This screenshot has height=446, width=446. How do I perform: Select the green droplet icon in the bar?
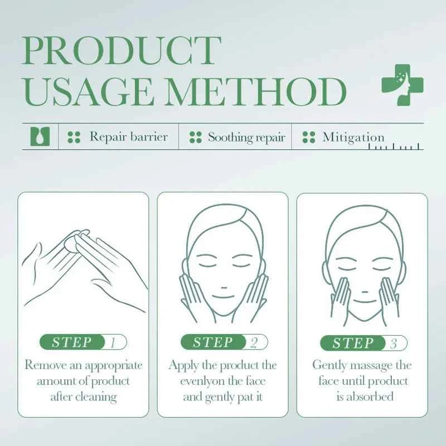[40, 137]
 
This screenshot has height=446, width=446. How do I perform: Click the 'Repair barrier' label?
[128, 137]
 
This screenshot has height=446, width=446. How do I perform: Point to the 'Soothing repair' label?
[246, 137]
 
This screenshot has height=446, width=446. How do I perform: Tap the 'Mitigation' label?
[353, 137]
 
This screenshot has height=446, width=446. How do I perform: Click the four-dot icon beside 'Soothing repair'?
[195, 137]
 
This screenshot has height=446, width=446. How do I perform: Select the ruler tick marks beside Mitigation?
[396, 147]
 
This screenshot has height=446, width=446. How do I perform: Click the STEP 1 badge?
[84, 342]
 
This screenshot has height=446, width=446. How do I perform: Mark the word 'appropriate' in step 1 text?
[114, 366]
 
